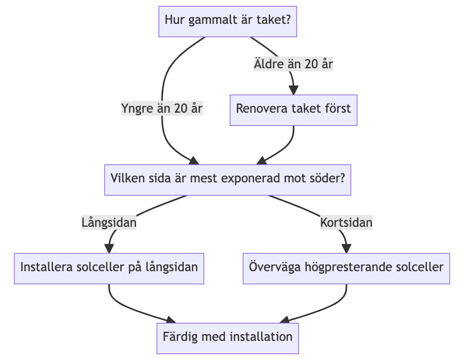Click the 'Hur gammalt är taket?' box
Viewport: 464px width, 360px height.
[x=228, y=21]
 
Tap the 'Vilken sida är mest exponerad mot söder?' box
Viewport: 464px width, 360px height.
[x=228, y=180]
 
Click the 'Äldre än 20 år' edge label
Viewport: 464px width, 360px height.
[x=293, y=64]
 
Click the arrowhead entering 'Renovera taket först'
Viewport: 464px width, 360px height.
[x=294, y=90]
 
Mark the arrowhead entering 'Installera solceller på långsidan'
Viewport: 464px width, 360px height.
[x=109, y=248]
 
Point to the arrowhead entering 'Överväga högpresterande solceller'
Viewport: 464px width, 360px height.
[x=346, y=248]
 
